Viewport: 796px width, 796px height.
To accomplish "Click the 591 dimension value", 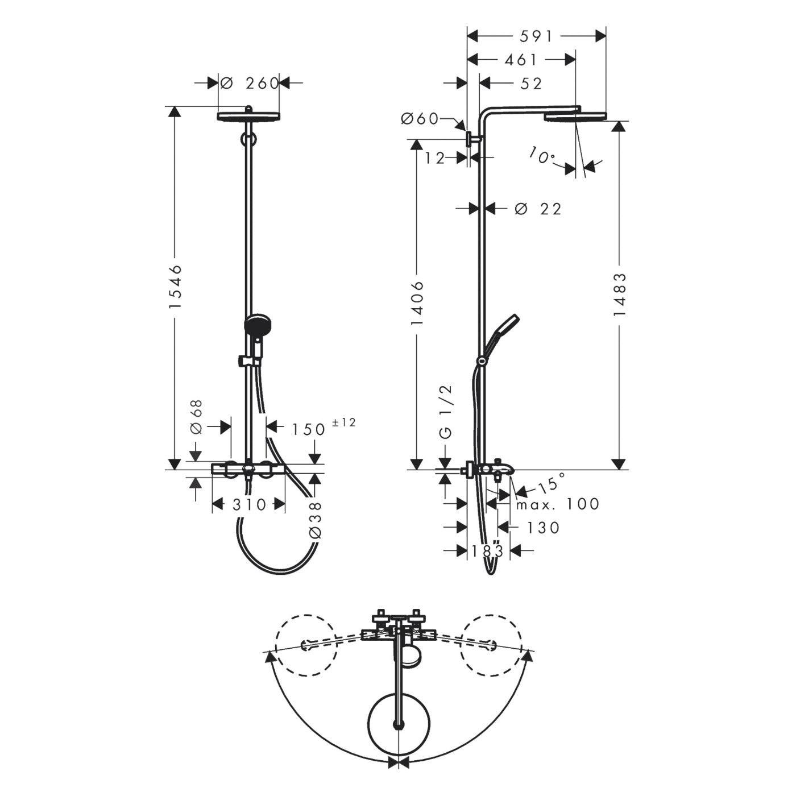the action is pos(536,37).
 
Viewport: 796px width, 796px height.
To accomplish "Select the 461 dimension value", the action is pos(521,60).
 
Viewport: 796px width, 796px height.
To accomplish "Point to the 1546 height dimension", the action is pos(175,287).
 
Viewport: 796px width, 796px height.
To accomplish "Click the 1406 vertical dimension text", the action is pos(417,304).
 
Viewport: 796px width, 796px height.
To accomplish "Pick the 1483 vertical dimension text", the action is pos(620,294).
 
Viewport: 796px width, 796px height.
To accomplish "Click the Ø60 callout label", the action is pos(419,119).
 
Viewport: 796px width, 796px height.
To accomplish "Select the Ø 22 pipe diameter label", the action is pos(538,209).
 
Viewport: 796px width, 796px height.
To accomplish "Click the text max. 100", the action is pos(558,504).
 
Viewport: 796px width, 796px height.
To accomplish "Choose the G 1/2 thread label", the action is pos(448,411).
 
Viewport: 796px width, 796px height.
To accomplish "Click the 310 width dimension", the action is pos(248,504).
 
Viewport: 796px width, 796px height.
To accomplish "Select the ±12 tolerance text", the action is pos(343,422).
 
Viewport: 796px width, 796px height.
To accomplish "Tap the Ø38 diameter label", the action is pos(315,520).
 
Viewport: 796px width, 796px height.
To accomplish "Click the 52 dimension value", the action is pos(531,84).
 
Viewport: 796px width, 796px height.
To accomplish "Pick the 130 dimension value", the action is pos(543,527).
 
